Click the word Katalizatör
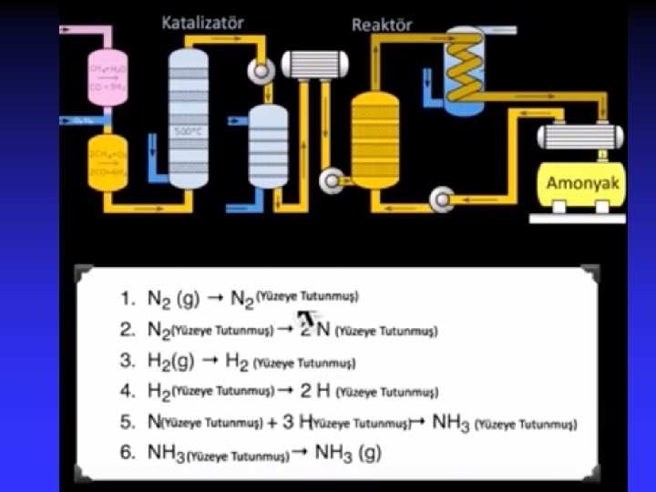coord(202,22)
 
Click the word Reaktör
coord(382,25)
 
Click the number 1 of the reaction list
coord(127,299)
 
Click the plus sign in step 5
coord(272,423)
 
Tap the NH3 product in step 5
coord(451,424)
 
